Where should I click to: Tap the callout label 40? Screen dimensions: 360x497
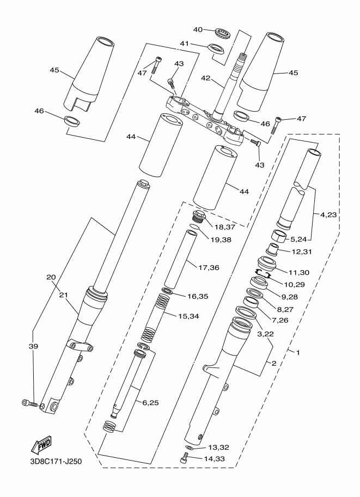[198, 29]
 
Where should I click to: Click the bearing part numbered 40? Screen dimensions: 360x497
[222, 33]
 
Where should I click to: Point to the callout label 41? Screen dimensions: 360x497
[184, 44]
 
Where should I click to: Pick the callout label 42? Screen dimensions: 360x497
[205, 78]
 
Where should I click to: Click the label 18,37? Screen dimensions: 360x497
[224, 226]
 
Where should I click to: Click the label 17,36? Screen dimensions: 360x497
[209, 267]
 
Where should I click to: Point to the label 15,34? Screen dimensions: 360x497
[189, 316]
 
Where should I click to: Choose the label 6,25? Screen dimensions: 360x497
[150, 403]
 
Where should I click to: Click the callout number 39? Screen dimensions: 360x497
[33, 346]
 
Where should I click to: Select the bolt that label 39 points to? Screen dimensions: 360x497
[29, 403]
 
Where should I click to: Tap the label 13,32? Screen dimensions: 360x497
[218, 447]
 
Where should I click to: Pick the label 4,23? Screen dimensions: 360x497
[328, 215]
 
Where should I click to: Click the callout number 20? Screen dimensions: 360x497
[51, 277]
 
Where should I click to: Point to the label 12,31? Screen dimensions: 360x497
[302, 251]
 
